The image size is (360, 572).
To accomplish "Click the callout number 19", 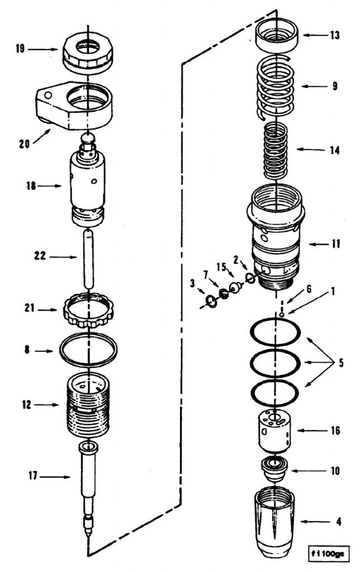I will (20, 49).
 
